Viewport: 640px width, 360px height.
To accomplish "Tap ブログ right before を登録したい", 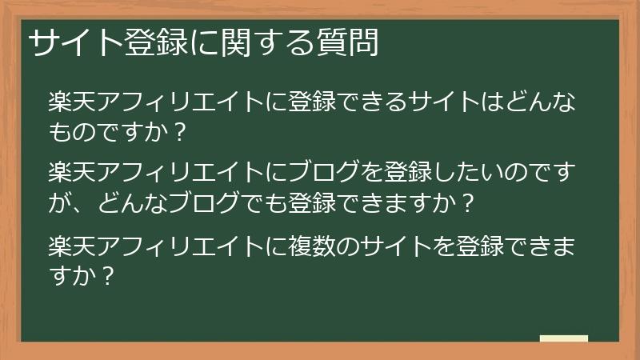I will point(320,172).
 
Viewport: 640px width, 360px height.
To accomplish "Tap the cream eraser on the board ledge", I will point(563,338).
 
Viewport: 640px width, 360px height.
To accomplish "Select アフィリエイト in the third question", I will point(169,244).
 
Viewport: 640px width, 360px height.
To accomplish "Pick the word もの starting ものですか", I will point(67,131).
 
